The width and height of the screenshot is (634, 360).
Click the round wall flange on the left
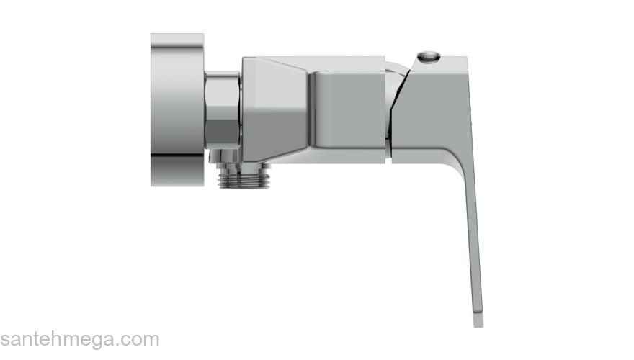[x=177, y=110]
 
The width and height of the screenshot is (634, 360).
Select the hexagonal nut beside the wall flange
[x=222, y=109]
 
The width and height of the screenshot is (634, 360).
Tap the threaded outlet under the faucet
[x=244, y=177]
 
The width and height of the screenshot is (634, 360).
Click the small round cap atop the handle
[x=429, y=56]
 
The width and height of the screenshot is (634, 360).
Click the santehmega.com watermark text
[x=80, y=339]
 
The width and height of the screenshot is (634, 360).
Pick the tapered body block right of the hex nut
[x=275, y=110]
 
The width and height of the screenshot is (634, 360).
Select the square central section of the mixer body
[x=347, y=110]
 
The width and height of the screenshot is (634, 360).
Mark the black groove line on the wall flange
[x=177, y=155]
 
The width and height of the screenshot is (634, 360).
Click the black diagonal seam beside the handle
[x=398, y=105]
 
